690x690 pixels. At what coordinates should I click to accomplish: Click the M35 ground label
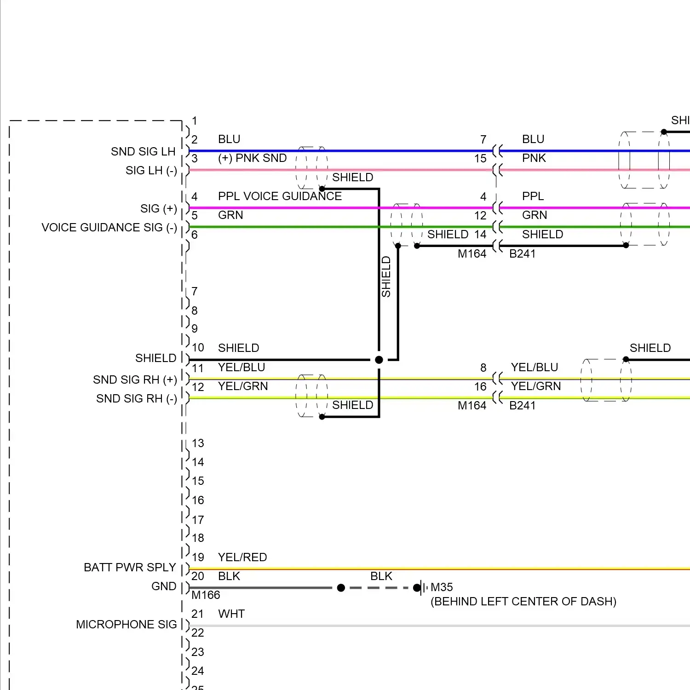442,587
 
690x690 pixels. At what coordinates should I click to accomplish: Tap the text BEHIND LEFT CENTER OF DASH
523,601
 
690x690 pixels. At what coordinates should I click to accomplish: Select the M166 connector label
206,595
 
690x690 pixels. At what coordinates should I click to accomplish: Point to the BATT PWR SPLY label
130,567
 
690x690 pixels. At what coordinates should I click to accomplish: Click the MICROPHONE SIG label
126,624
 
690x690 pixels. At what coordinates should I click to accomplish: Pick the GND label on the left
164,586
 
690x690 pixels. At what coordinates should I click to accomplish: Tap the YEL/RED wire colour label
242,557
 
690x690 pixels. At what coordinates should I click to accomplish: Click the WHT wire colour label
231,614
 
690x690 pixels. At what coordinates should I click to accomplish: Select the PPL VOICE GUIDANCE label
280,196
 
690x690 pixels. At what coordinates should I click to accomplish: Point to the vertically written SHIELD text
386,276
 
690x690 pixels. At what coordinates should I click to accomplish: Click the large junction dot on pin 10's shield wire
379,360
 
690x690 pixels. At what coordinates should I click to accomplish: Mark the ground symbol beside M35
422,587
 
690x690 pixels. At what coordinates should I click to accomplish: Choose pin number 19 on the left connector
198,557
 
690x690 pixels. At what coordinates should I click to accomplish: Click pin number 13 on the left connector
198,443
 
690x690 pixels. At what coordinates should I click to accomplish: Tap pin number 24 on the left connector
198,671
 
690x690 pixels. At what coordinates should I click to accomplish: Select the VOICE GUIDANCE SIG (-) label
109,227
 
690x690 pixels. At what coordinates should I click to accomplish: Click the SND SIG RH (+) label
135,379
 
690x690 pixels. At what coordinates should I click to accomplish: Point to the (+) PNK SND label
252,158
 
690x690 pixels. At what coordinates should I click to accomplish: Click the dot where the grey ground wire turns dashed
341,588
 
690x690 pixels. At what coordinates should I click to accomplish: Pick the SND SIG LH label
143,151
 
